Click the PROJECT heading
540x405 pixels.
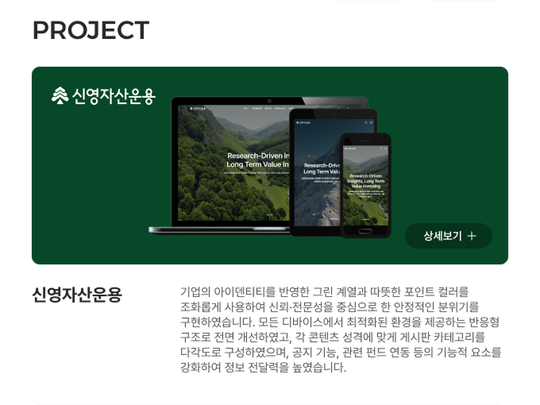pyautogui.click(x=91, y=30)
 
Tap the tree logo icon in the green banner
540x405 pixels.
pyautogui.click(x=60, y=96)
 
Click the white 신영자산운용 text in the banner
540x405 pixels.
pyautogui.click(x=114, y=97)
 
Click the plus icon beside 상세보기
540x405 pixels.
pyautogui.click(x=472, y=236)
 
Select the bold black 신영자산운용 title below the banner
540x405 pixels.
pyautogui.click(x=77, y=295)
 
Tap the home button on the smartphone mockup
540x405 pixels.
pyautogui.click(x=366, y=233)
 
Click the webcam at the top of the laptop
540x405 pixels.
pyautogui.click(x=270, y=101)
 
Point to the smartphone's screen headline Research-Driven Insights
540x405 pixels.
pyautogui.click(x=366, y=179)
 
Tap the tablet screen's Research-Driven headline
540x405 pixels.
pyautogui.click(x=321, y=164)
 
